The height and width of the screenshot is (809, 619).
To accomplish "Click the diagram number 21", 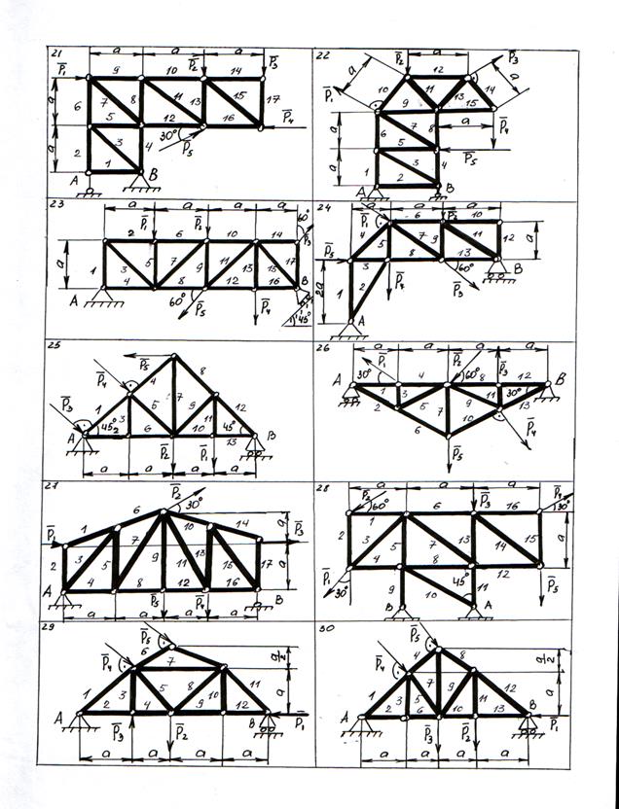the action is (57, 52).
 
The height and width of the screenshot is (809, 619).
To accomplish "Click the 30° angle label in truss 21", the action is (168, 136).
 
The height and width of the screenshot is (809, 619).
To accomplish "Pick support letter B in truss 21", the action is (152, 172).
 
